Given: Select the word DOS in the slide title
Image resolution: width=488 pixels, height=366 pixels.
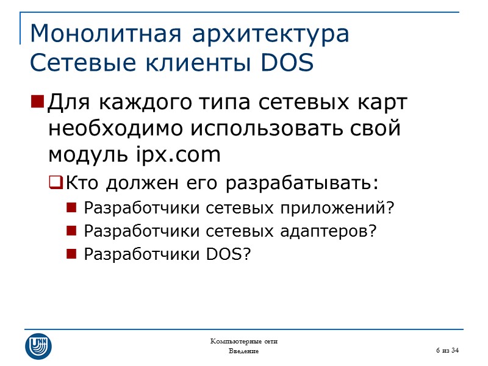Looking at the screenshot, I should coord(286,63).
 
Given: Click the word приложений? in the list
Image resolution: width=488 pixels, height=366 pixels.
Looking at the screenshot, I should coord(348,209).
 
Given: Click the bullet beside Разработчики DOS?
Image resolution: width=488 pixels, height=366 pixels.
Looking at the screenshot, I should coord(71,254).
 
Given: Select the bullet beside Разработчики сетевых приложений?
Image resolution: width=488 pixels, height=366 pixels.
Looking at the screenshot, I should coord(71,208).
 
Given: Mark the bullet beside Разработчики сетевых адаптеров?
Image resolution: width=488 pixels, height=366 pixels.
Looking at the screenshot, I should coord(71,231).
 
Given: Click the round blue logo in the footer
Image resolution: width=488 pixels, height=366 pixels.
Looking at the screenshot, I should coord(38,346).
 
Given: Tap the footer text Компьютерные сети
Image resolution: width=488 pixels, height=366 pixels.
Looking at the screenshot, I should coord(243,340).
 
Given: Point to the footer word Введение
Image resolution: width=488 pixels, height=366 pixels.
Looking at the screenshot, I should coord(243,351).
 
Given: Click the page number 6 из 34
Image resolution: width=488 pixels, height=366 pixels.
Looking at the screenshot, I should coord(447,349).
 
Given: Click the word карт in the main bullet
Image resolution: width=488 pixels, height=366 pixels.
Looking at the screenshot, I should coord(385,102).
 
